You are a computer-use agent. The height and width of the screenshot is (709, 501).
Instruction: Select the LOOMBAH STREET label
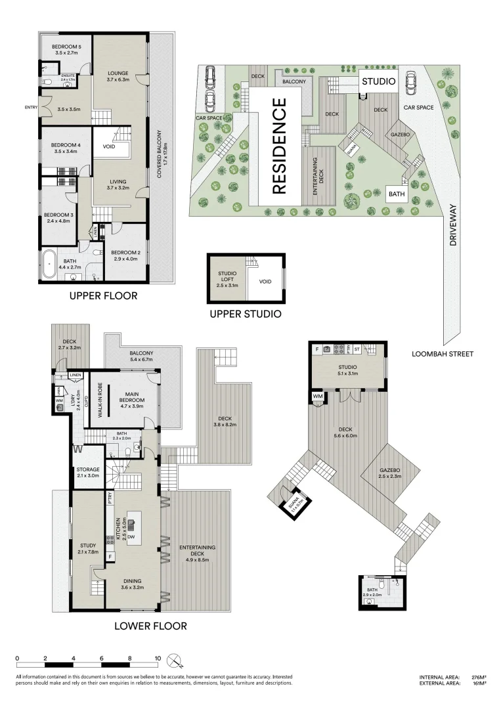click(x=443, y=354)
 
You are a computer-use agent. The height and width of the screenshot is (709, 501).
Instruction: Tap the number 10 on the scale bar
click(x=158, y=658)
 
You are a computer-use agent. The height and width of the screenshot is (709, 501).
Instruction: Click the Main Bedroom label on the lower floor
click(x=135, y=399)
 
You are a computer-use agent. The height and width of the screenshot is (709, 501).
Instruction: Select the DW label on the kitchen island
click(x=131, y=537)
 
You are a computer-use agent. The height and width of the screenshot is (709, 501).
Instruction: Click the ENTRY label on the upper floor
click(x=32, y=107)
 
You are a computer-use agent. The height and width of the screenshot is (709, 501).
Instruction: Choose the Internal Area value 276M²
click(x=477, y=677)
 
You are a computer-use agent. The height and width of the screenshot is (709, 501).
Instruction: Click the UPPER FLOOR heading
click(x=103, y=296)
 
